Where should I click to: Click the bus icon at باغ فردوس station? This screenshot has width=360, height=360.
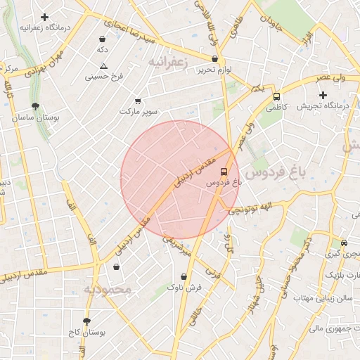click(224, 171)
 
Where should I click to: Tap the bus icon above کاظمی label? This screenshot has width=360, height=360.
click(276, 97)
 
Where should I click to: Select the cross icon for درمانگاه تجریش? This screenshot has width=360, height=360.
click(323, 95)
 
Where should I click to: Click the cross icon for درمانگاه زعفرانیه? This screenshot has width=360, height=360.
click(45, 16)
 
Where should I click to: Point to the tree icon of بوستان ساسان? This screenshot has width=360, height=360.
click(35, 107)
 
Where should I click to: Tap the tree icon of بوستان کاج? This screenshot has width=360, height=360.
click(86, 321)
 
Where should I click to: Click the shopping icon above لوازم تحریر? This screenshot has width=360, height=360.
click(214, 59)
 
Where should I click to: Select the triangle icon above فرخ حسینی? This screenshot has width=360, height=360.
click(103, 65)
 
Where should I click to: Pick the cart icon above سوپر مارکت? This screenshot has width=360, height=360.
click(137, 101)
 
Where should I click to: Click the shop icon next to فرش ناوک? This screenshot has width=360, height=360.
click(172, 287)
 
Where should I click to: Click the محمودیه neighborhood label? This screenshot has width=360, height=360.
click(108, 290)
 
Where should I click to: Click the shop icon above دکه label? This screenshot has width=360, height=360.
click(103, 39)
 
